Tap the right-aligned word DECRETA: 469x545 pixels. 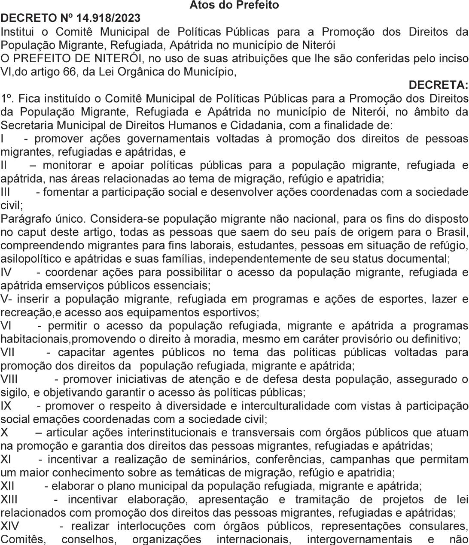[x=438, y=85]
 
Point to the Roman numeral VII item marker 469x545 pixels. [x=7, y=352]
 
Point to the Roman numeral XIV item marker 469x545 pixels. [x=9, y=526]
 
